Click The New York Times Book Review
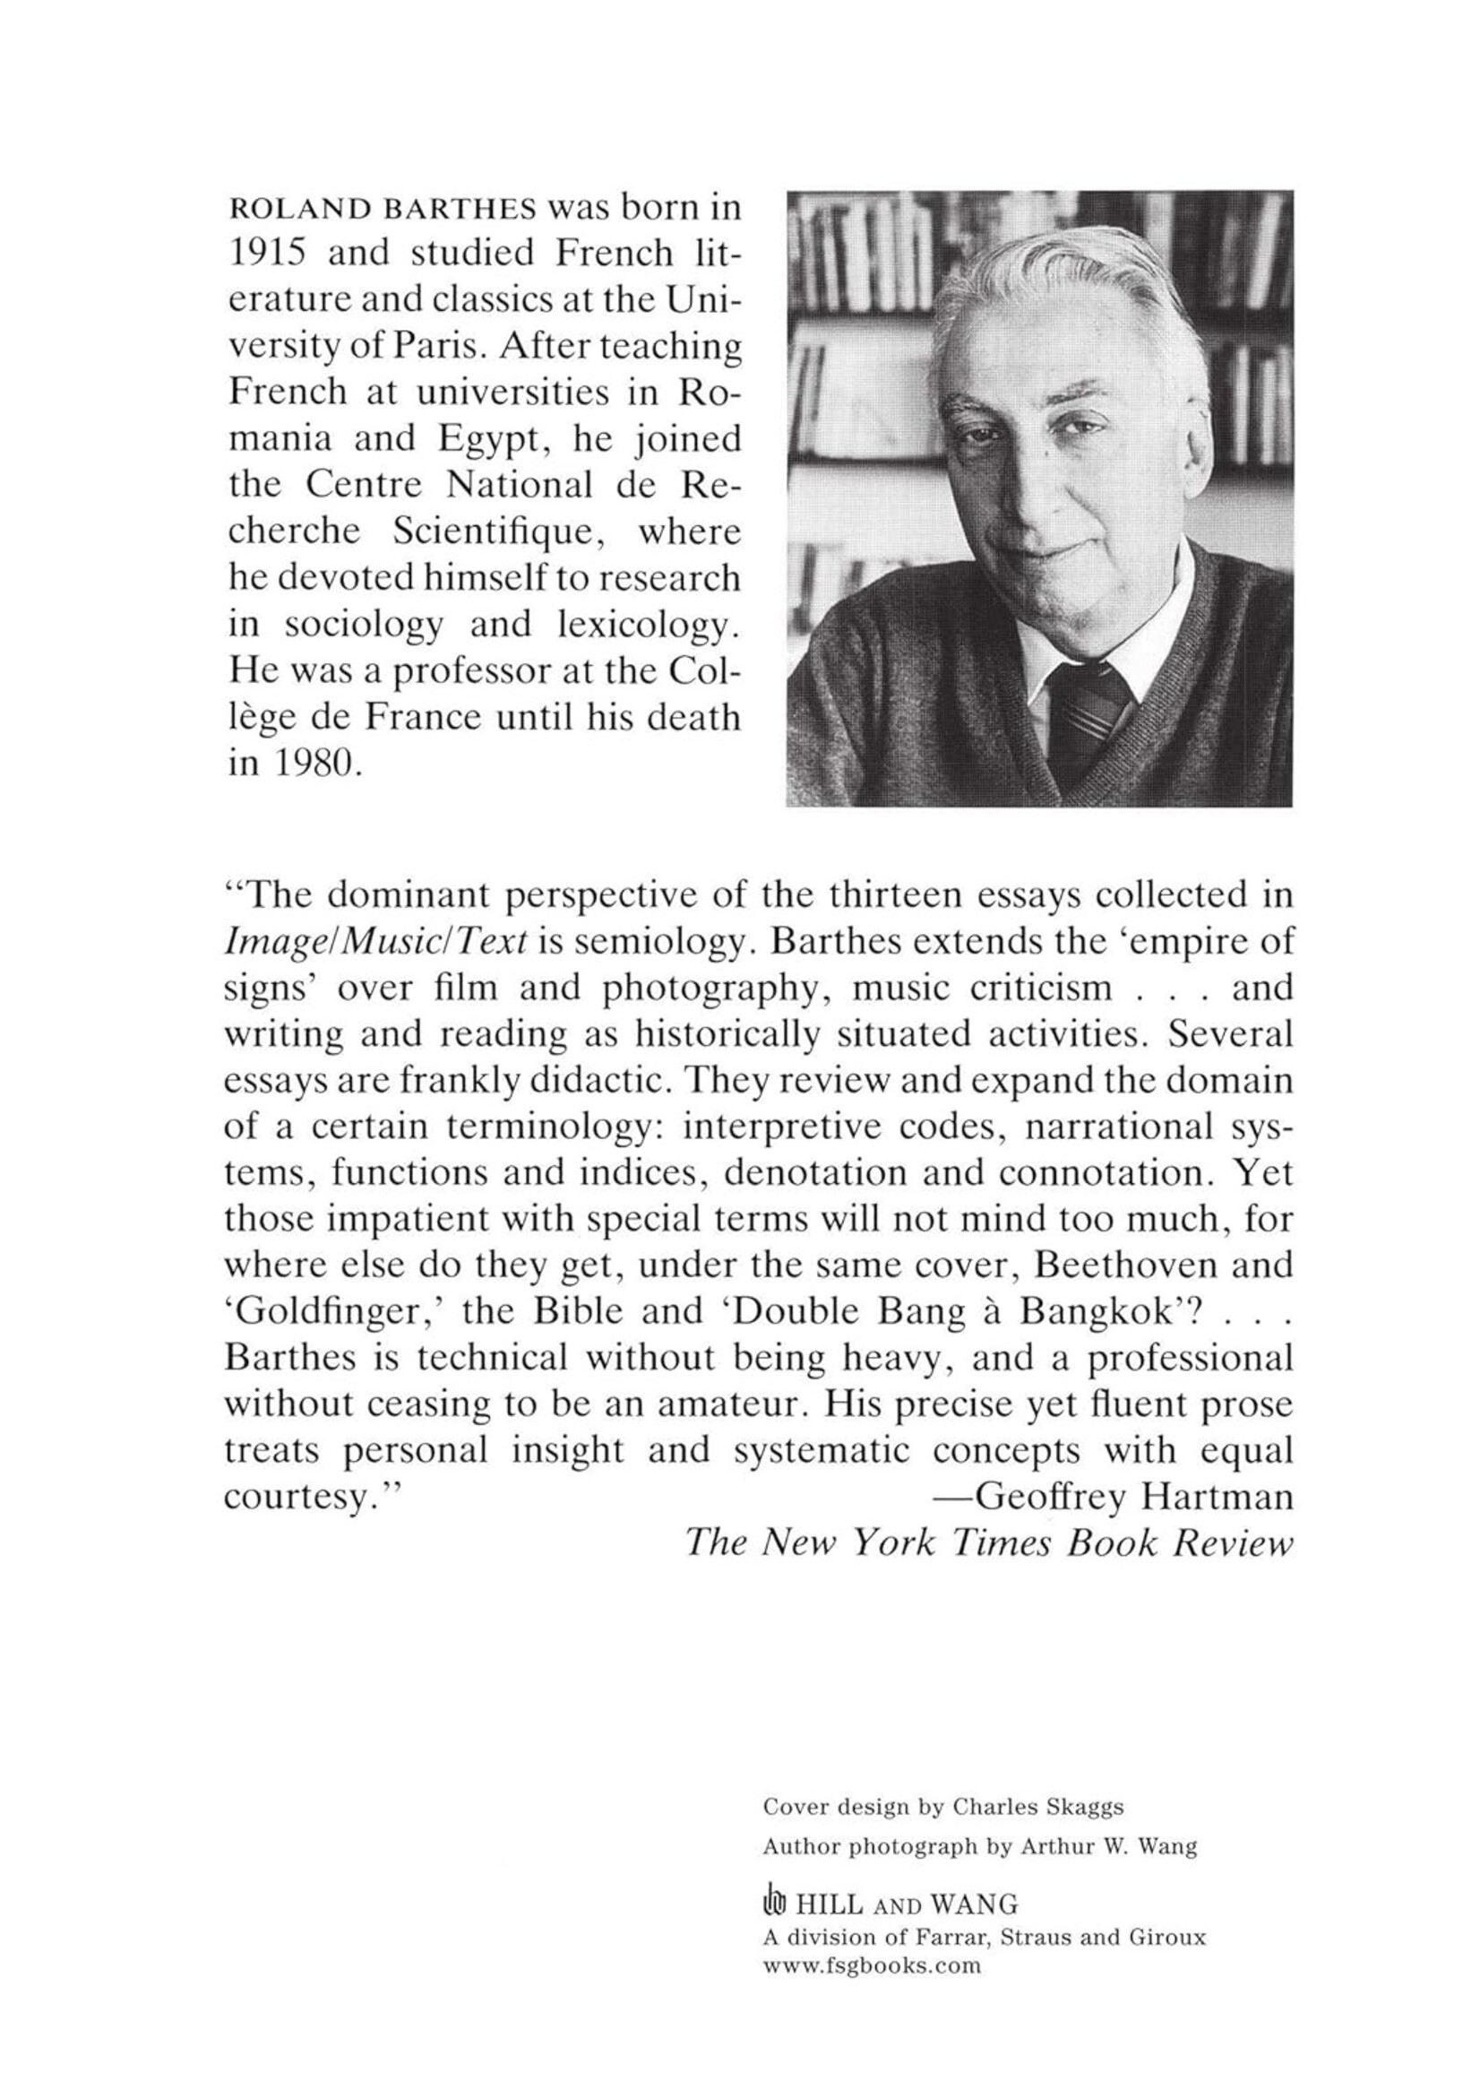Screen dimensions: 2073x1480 pos(988,1542)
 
